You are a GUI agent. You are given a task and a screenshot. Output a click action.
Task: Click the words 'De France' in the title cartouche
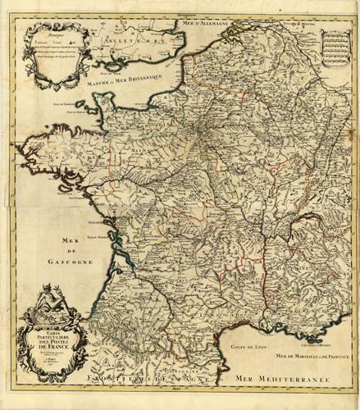point(56,349)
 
